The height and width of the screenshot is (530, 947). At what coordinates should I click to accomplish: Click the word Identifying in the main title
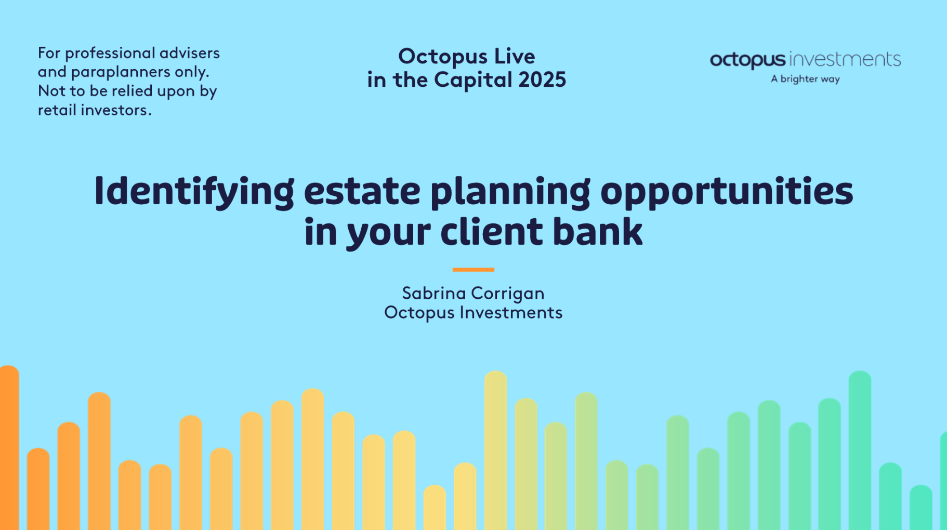click(x=194, y=192)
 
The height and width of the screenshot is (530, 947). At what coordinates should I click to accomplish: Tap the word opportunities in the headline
click(x=727, y=192)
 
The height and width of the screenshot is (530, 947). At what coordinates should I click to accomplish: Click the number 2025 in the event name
click(x=542, y=79)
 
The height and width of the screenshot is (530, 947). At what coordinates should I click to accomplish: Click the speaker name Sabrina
click(x=434, y=293)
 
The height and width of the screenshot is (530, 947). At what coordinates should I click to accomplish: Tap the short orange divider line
click(x=473, y=270)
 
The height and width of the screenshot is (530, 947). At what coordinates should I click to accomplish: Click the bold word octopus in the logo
click(x=748, y=60)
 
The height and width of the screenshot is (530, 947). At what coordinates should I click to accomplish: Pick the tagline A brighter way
click(x=805, y=79)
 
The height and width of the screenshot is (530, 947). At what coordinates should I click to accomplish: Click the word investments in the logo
click(x=845, y=60)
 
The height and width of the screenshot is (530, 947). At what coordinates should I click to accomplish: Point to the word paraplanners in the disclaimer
click(x=121, y=72)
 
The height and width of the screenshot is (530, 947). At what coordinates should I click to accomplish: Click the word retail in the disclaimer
click(x=57, y=110)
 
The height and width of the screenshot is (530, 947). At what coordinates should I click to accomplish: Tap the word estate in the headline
click(x=362, y=191)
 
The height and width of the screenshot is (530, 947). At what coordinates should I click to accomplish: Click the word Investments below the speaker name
click(x=511, y=312)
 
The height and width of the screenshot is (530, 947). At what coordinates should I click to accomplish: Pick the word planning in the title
click(x=510, y=192)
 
